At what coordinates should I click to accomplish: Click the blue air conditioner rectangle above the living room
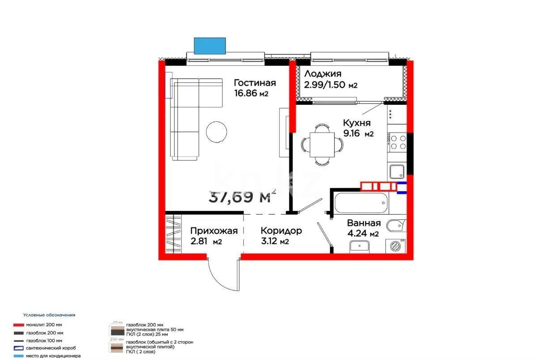point(210,45)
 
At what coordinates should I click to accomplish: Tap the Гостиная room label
point(255,83)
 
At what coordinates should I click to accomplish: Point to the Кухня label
point(357,123)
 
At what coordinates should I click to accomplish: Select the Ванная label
point(364,223)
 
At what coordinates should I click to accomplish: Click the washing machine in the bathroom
point(396,245)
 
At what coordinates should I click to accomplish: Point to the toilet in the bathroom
point(396,226)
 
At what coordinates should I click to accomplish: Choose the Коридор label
point(281,231)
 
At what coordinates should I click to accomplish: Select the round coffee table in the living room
point(217,132)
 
